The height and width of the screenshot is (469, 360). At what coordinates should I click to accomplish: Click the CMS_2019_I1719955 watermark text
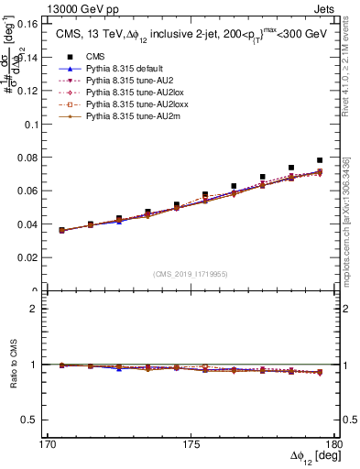pos(191,273)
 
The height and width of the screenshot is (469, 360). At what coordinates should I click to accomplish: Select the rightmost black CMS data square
pos(320,160)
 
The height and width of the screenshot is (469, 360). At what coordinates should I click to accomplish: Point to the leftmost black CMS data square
pos(61,230)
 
